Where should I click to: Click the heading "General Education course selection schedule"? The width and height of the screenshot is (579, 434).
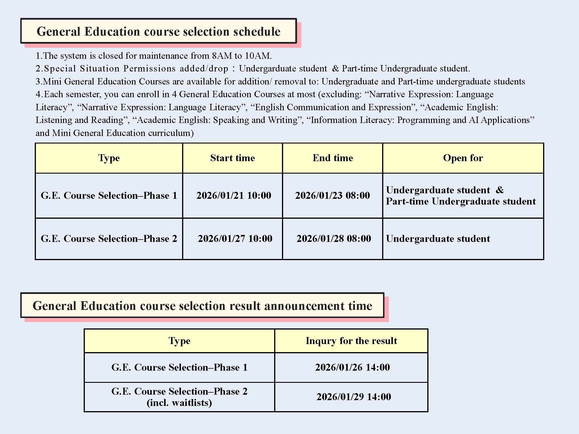(158, 31)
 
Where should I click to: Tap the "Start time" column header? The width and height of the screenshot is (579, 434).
(232, 158)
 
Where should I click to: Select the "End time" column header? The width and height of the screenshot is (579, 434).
(333, 158)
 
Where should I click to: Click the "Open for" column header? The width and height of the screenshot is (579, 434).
(463, 158)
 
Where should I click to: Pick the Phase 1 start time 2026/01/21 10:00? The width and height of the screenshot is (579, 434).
(234, 196)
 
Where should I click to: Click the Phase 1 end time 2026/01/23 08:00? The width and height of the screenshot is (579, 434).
(332, 196)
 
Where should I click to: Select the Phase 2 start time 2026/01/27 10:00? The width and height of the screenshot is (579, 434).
(235, 239)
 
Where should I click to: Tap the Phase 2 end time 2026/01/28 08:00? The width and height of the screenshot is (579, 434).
(334, 239)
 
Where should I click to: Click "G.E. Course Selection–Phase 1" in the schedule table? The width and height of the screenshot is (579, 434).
(109, 196)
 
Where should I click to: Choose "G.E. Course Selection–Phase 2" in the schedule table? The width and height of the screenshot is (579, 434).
(109, 239)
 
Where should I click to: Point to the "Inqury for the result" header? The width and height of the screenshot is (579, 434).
(351, 341)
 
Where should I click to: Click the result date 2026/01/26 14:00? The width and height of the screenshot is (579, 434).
(352, 367)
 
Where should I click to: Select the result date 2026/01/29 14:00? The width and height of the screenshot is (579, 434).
(353, 397)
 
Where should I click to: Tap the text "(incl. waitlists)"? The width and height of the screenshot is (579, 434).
(179, 403)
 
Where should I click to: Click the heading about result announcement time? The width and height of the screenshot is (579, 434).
(202, 306)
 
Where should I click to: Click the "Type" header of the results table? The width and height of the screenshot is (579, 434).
(179, 341)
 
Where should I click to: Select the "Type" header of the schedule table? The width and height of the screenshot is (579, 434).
(109, 158)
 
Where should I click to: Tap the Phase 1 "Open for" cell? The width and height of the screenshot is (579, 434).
(461, 196)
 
